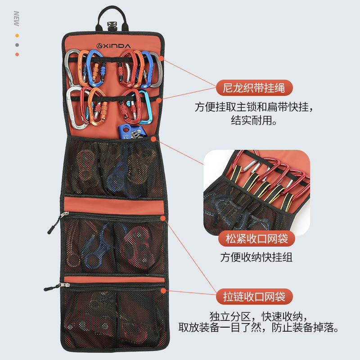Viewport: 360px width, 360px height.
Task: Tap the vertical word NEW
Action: click(x=16, y=18)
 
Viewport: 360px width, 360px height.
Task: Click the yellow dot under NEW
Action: click(x=17, y=35)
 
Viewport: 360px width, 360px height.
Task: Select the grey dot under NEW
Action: click(x=17, y=45)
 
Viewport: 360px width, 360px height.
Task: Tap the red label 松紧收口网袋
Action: click(x=256, y=238)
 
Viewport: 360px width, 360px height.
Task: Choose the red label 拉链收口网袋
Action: click(x=254, y=297)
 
